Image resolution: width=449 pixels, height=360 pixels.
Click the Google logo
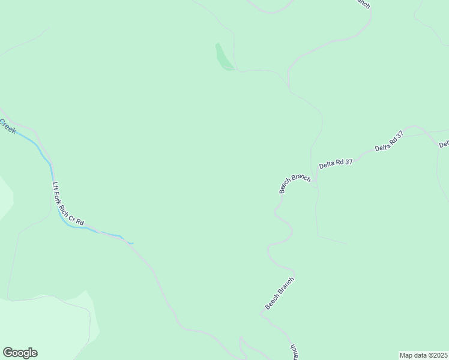pos(20,353)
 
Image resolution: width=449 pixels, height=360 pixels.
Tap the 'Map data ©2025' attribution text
pos(423,355)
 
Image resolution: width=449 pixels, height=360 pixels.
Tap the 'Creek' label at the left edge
pos(7,127)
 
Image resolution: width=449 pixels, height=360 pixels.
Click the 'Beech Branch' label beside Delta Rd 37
pos(295,183)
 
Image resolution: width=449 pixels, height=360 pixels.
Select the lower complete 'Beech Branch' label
pos(280,293)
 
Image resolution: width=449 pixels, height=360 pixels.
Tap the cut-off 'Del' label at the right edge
pos(444,144)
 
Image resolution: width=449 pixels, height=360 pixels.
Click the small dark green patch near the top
pos(223,58)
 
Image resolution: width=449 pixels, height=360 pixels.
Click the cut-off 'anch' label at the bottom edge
pos(294,353)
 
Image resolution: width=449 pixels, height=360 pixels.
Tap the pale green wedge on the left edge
pos(5,196)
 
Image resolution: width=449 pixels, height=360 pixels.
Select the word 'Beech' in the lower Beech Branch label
pos(272,302)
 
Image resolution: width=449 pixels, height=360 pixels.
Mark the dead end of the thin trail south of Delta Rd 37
pos(347,243)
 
